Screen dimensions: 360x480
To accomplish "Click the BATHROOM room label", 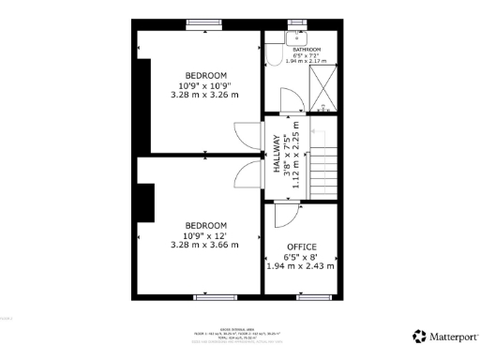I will [x=307, y=49].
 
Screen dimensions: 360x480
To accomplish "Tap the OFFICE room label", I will [x=300, y=247].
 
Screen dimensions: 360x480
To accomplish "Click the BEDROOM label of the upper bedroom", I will [x=204, y=75].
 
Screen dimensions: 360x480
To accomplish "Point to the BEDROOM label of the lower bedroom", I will [x=204, y=226].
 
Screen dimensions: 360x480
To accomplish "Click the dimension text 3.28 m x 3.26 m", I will [x=204, y=95].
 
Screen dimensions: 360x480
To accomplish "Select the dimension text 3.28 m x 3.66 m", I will [x=204, y=245].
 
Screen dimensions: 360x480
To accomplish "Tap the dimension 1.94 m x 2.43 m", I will [x=300, y=265].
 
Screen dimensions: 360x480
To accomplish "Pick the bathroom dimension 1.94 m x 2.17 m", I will [x=307, y=61].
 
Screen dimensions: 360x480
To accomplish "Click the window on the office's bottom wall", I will [x=313, y=297].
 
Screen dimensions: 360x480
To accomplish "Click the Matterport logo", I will [x=446, y=336].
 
